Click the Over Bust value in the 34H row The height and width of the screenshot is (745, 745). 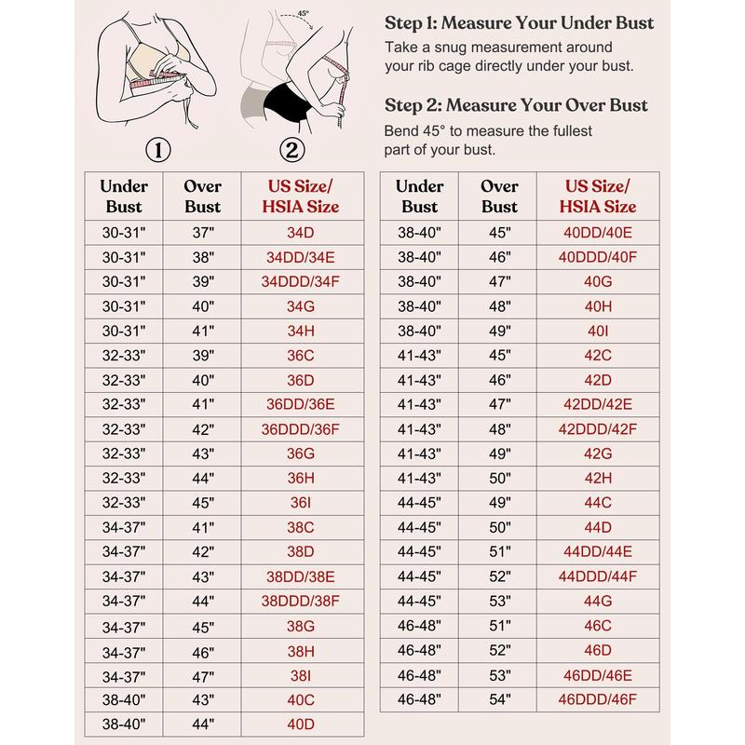202,330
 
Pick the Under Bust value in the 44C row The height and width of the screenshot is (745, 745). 419,504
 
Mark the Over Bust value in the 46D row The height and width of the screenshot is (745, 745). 499,650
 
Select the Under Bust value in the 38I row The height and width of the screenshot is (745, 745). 124,674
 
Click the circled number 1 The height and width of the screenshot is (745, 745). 159,149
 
